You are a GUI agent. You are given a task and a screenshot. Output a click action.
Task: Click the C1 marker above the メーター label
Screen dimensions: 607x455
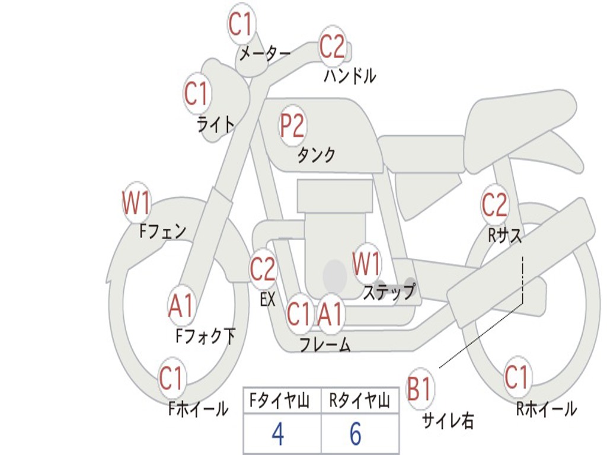pos(242,24)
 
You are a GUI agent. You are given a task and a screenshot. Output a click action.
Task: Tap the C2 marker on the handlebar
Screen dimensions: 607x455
pos(332,46)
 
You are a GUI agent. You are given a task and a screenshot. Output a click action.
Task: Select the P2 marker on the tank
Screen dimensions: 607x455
pos(292,126)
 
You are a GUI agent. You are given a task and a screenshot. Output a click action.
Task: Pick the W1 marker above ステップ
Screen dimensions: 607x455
pos(366,264)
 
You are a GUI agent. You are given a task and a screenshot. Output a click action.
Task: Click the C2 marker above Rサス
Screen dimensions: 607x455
pos(494,204)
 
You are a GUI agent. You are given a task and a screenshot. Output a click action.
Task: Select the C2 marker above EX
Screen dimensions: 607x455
pos(263,268)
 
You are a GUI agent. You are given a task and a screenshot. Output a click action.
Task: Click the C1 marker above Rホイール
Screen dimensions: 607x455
pos(516,377)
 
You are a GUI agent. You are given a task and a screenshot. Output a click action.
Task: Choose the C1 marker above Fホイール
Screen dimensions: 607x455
pos(171,378)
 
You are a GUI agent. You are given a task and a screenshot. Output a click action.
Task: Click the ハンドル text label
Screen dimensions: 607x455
pos(350,76)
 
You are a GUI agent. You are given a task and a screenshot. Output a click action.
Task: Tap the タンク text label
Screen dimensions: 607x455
pos(316,155)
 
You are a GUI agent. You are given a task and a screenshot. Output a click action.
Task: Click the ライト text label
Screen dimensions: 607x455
pos(216,124)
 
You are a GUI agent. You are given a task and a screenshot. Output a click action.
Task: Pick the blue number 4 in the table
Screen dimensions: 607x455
pos(278,434)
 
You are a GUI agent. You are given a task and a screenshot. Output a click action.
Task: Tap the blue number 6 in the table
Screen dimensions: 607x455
pos(356,434)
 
